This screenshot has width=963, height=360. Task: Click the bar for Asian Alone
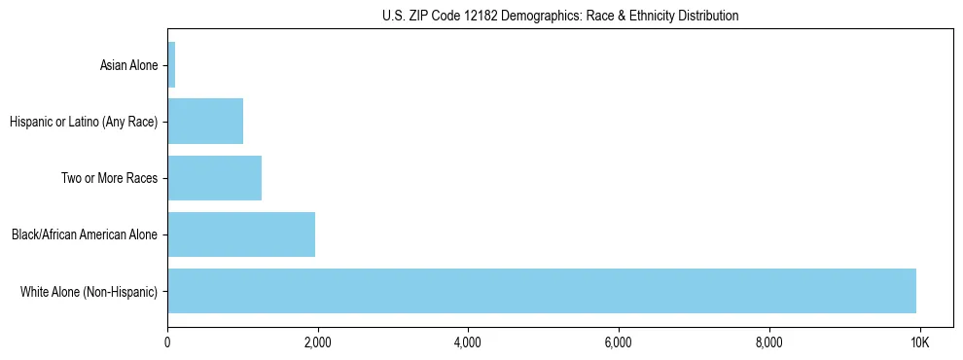pos(171,65)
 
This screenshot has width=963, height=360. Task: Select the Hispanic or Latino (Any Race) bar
pos(205,122)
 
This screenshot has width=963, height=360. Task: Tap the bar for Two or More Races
pos(214,178)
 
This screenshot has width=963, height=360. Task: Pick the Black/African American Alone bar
pos(241,234)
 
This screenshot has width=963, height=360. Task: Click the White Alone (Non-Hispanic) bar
pos(542,291)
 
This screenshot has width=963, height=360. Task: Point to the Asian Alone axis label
pos(128,66)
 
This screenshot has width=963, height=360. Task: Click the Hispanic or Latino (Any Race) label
pos(84,123)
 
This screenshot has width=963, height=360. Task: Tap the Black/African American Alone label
pos(85,235)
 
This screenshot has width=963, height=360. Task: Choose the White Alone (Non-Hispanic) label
pos(89,292)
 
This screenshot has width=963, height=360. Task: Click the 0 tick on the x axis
pos(167,342)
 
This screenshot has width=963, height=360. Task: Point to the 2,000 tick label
pos(317,342)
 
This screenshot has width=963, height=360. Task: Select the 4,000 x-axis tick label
pos(468,342)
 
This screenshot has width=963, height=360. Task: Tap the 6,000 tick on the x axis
pos(619,342)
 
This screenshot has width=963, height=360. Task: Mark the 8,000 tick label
pos(768,342)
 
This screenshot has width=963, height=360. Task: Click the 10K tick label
pos(919,342)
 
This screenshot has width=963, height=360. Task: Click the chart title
pos(559,16)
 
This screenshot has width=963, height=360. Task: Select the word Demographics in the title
pos(537,16)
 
